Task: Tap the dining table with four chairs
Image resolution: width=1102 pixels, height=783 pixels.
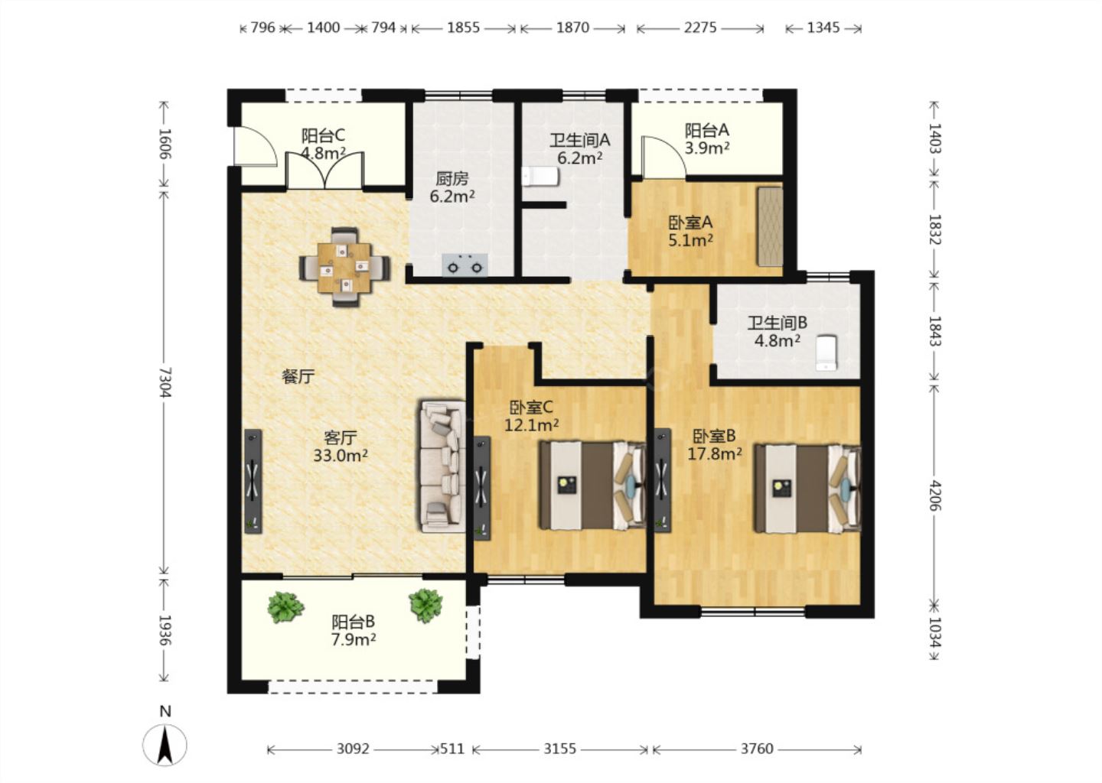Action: click(x=344, y=268)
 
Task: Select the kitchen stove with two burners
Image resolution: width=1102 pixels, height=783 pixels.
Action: click(x=465, y=265)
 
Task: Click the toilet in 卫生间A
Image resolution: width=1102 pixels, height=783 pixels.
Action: click(x=540, y=177)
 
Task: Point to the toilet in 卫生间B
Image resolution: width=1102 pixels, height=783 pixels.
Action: click(x=826, y=353)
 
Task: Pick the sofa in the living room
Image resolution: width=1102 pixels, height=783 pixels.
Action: click(x=442, y=466)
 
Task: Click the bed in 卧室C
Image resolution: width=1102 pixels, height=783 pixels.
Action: click(x=592, y=485)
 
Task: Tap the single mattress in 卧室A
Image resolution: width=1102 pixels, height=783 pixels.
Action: click(x=769, y=226)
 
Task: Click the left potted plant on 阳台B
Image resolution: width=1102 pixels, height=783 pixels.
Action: click(x=285, y=608)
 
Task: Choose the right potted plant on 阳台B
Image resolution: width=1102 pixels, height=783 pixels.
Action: click(x=425, y=606)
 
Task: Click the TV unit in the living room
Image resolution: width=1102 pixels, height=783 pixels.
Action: click(x=253, y=481)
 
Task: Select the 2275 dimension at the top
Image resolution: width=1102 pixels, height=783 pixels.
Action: click(x=700, y=28)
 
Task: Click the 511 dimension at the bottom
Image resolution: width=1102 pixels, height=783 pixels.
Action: click(x=452, y=749)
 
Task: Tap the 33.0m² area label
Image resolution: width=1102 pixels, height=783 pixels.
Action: click(x=341, y=456)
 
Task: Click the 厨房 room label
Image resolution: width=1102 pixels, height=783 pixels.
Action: click(x=452, y=178)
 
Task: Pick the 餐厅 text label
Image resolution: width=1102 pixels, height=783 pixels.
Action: click(x=298, y=377)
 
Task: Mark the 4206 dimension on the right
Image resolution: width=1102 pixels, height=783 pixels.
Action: click(x=934, y=495)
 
